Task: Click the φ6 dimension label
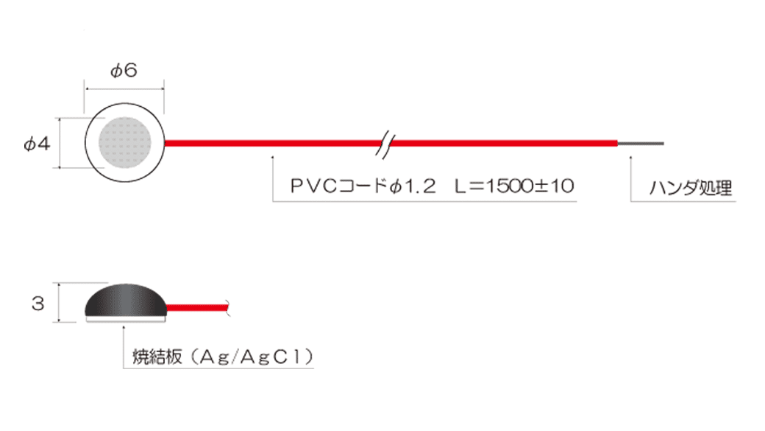tap(124, 71)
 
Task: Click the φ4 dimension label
tap(37, 144)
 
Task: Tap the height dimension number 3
tap(38, 304)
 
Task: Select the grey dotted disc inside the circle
tap(125, 142)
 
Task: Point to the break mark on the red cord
tap(385, 144)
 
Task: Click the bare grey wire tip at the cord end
tap(641, 144)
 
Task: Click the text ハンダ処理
tap(691, 188)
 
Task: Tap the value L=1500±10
tap(514, 186)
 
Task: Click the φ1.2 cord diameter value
tap(413, 186)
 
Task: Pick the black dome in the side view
tap(126, 300)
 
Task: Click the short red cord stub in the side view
tap(198, 308)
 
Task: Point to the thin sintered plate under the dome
tap(126, 319)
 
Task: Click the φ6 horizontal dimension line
tap(125, 89)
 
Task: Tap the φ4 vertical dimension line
tap(60, 143)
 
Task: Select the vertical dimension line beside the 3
tap(59, 303)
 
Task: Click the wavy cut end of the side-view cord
tap(228, 307)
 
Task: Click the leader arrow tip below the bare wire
tap(630, 157)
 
